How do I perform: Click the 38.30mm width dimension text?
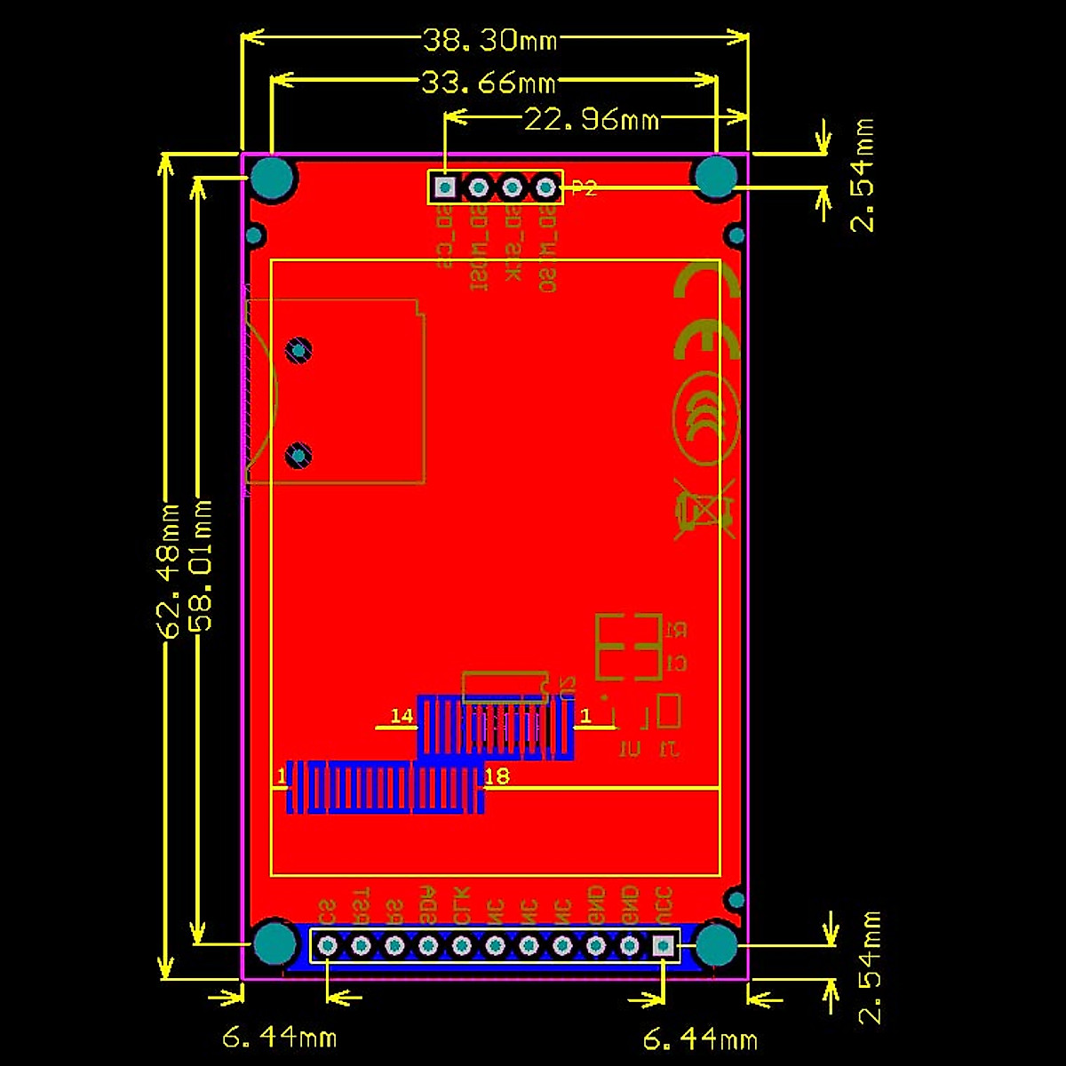(489, 40)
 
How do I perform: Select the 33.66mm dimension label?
(488, 84)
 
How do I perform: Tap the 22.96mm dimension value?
(592, 119)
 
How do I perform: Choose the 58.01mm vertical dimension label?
(203, 565)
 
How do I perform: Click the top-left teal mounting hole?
(273, 179)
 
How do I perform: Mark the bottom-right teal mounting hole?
(717, 944)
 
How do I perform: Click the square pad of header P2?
(444, 187)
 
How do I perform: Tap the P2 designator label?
(584, 188)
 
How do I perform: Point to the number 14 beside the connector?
(402, 716)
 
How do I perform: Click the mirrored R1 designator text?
(675, 631)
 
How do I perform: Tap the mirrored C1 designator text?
(675, 664)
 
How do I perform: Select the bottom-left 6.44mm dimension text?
(279, 1037)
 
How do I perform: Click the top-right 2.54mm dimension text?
(863, 175)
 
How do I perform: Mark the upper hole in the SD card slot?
(299, 350)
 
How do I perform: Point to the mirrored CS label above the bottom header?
(327, 911)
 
